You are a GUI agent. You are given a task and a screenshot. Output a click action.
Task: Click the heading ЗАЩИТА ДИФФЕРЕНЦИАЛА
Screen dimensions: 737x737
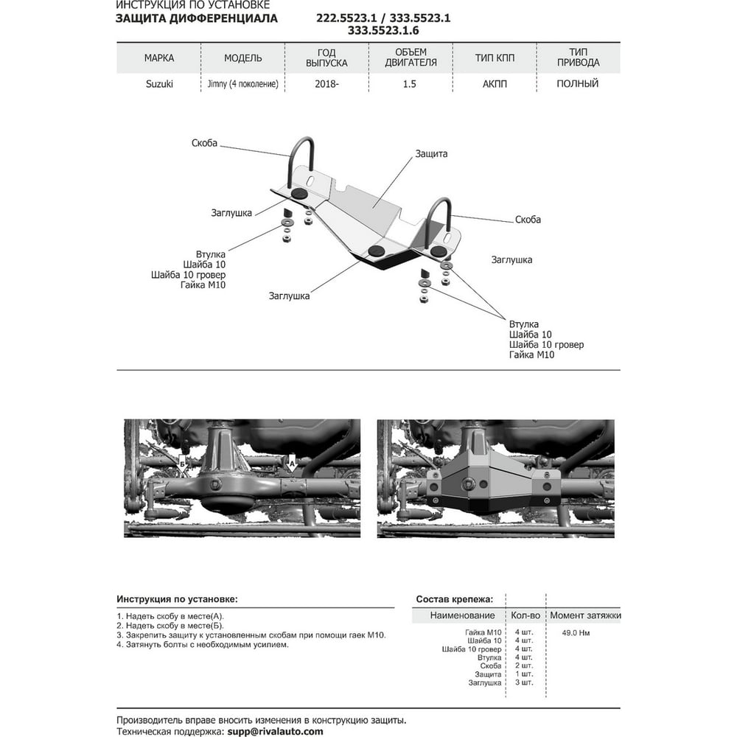(197, 18)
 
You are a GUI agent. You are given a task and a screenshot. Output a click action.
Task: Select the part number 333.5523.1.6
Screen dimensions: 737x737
(383, 30)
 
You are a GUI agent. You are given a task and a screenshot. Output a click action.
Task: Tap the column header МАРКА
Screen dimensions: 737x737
(159, 57)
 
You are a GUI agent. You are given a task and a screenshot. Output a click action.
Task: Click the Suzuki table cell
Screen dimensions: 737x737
(159, 84)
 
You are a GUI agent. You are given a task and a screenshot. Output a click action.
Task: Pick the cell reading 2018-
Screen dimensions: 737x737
(326, 84)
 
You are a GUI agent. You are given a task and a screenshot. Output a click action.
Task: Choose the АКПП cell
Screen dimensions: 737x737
(495, 84)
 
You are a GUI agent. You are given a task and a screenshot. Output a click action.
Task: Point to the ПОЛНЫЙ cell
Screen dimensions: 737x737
(578, 84)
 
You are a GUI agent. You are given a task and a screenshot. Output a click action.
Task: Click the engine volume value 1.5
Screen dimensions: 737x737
(409, 84)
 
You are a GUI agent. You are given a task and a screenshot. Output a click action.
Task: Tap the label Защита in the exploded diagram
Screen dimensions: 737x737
(431, 154)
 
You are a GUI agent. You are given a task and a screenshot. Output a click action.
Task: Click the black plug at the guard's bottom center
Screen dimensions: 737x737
(377, 251)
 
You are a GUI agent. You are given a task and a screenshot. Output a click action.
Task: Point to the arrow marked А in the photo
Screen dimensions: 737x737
(291, 464)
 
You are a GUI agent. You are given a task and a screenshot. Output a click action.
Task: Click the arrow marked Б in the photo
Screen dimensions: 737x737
(183, 465)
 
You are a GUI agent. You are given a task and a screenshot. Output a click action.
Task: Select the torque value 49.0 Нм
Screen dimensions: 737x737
(576, 632)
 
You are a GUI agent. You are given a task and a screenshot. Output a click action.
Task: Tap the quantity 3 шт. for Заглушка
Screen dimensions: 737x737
(524, 682)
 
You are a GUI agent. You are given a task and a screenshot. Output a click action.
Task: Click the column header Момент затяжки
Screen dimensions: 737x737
(585, 615)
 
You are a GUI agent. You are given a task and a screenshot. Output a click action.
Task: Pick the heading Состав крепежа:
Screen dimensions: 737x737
(455, 599)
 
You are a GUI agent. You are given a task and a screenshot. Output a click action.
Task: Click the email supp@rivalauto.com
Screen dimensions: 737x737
(276, 731)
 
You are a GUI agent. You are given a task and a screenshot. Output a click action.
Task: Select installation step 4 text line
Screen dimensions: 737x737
(203, 644)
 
